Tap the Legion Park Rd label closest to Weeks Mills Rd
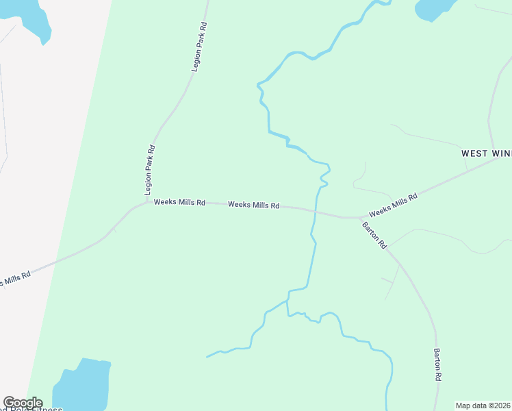click(150, 168)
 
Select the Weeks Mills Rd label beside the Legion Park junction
click(179, 202)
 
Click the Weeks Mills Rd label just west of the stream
click(253, 205)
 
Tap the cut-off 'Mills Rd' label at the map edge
click(15, 279)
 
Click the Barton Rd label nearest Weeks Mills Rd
click(374, 235)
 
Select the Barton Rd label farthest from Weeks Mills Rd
click(437, 364)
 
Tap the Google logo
click(23, 403)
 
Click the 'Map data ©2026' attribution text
click(483, 406)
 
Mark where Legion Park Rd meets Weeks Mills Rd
click(146, 201)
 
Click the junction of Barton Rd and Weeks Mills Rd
click(361, 218)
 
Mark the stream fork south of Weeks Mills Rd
click(289, 299)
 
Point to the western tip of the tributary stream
click(207, 356)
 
